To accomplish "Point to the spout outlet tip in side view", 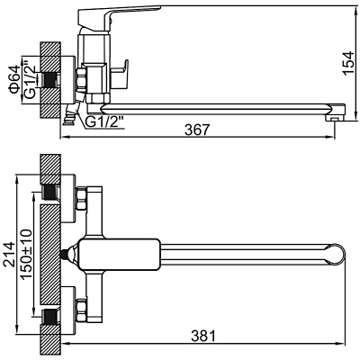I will point(336,115).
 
